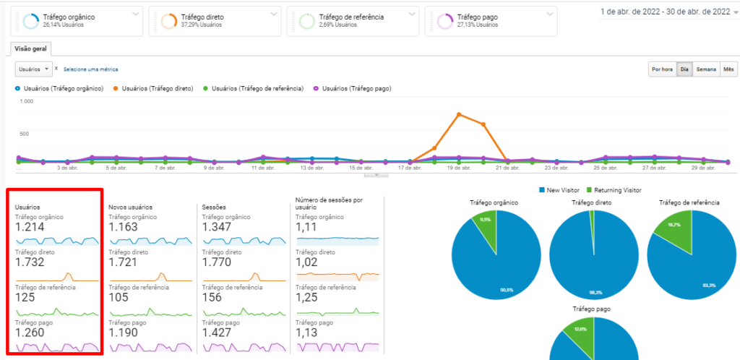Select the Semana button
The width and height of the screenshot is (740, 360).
pyautogui.click(x=706, y=69)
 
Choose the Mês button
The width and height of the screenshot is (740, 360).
pyautogui.click(x=728, y=69)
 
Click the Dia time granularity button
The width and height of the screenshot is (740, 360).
pyautogui.click(x=684, y=69)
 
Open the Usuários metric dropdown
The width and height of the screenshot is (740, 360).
pyautogui.click(x=35, y=69)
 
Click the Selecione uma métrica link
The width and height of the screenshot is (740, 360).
pyautogui.click(x=90, y=69)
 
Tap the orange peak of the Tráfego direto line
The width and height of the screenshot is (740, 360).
pyautogui.click(x=459, y=114)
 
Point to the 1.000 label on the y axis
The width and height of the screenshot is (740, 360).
pyautogui.click(x=27, y=101)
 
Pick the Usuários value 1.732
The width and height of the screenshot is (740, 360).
pyautogui.click(x=30, y=262)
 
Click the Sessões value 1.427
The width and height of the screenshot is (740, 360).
pyautogui.click(x=219, y=333)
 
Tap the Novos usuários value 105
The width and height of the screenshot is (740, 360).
pyautogui.click(x=120, y=298)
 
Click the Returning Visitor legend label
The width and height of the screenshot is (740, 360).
pyautogui.click(x=616, y=190)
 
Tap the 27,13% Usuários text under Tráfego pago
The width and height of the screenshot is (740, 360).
pyautogui.click(x=478, y=25)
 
